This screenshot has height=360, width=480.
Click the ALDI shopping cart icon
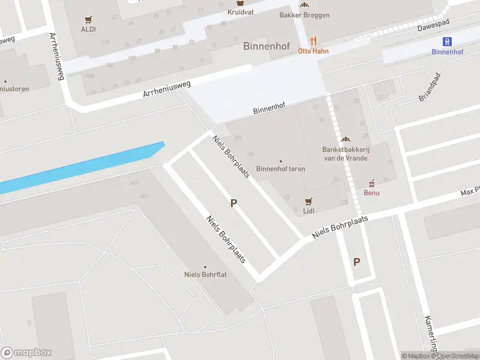[x=89, y=19]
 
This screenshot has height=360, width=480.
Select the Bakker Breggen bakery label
[x=304, y=15]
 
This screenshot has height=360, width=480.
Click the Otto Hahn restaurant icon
[x=313, y=41]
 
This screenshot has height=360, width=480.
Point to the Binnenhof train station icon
[x=447, y=41]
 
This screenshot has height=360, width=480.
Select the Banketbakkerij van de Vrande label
[x=345, y=154]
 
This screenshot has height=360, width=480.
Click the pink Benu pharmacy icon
[x=371, y=182]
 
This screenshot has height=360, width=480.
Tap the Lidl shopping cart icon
[x=309, y=201]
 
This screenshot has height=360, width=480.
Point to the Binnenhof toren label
[x=280, y=169]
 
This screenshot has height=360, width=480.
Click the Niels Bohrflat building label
[x=205, y=275]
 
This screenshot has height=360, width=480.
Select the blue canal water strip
[x=84, y=168]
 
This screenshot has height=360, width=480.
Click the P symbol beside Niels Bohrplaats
[x=233, y=203]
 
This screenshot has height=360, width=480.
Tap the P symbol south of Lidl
[x=357, y=262]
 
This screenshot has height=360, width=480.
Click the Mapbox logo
[x=26, y=353]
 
